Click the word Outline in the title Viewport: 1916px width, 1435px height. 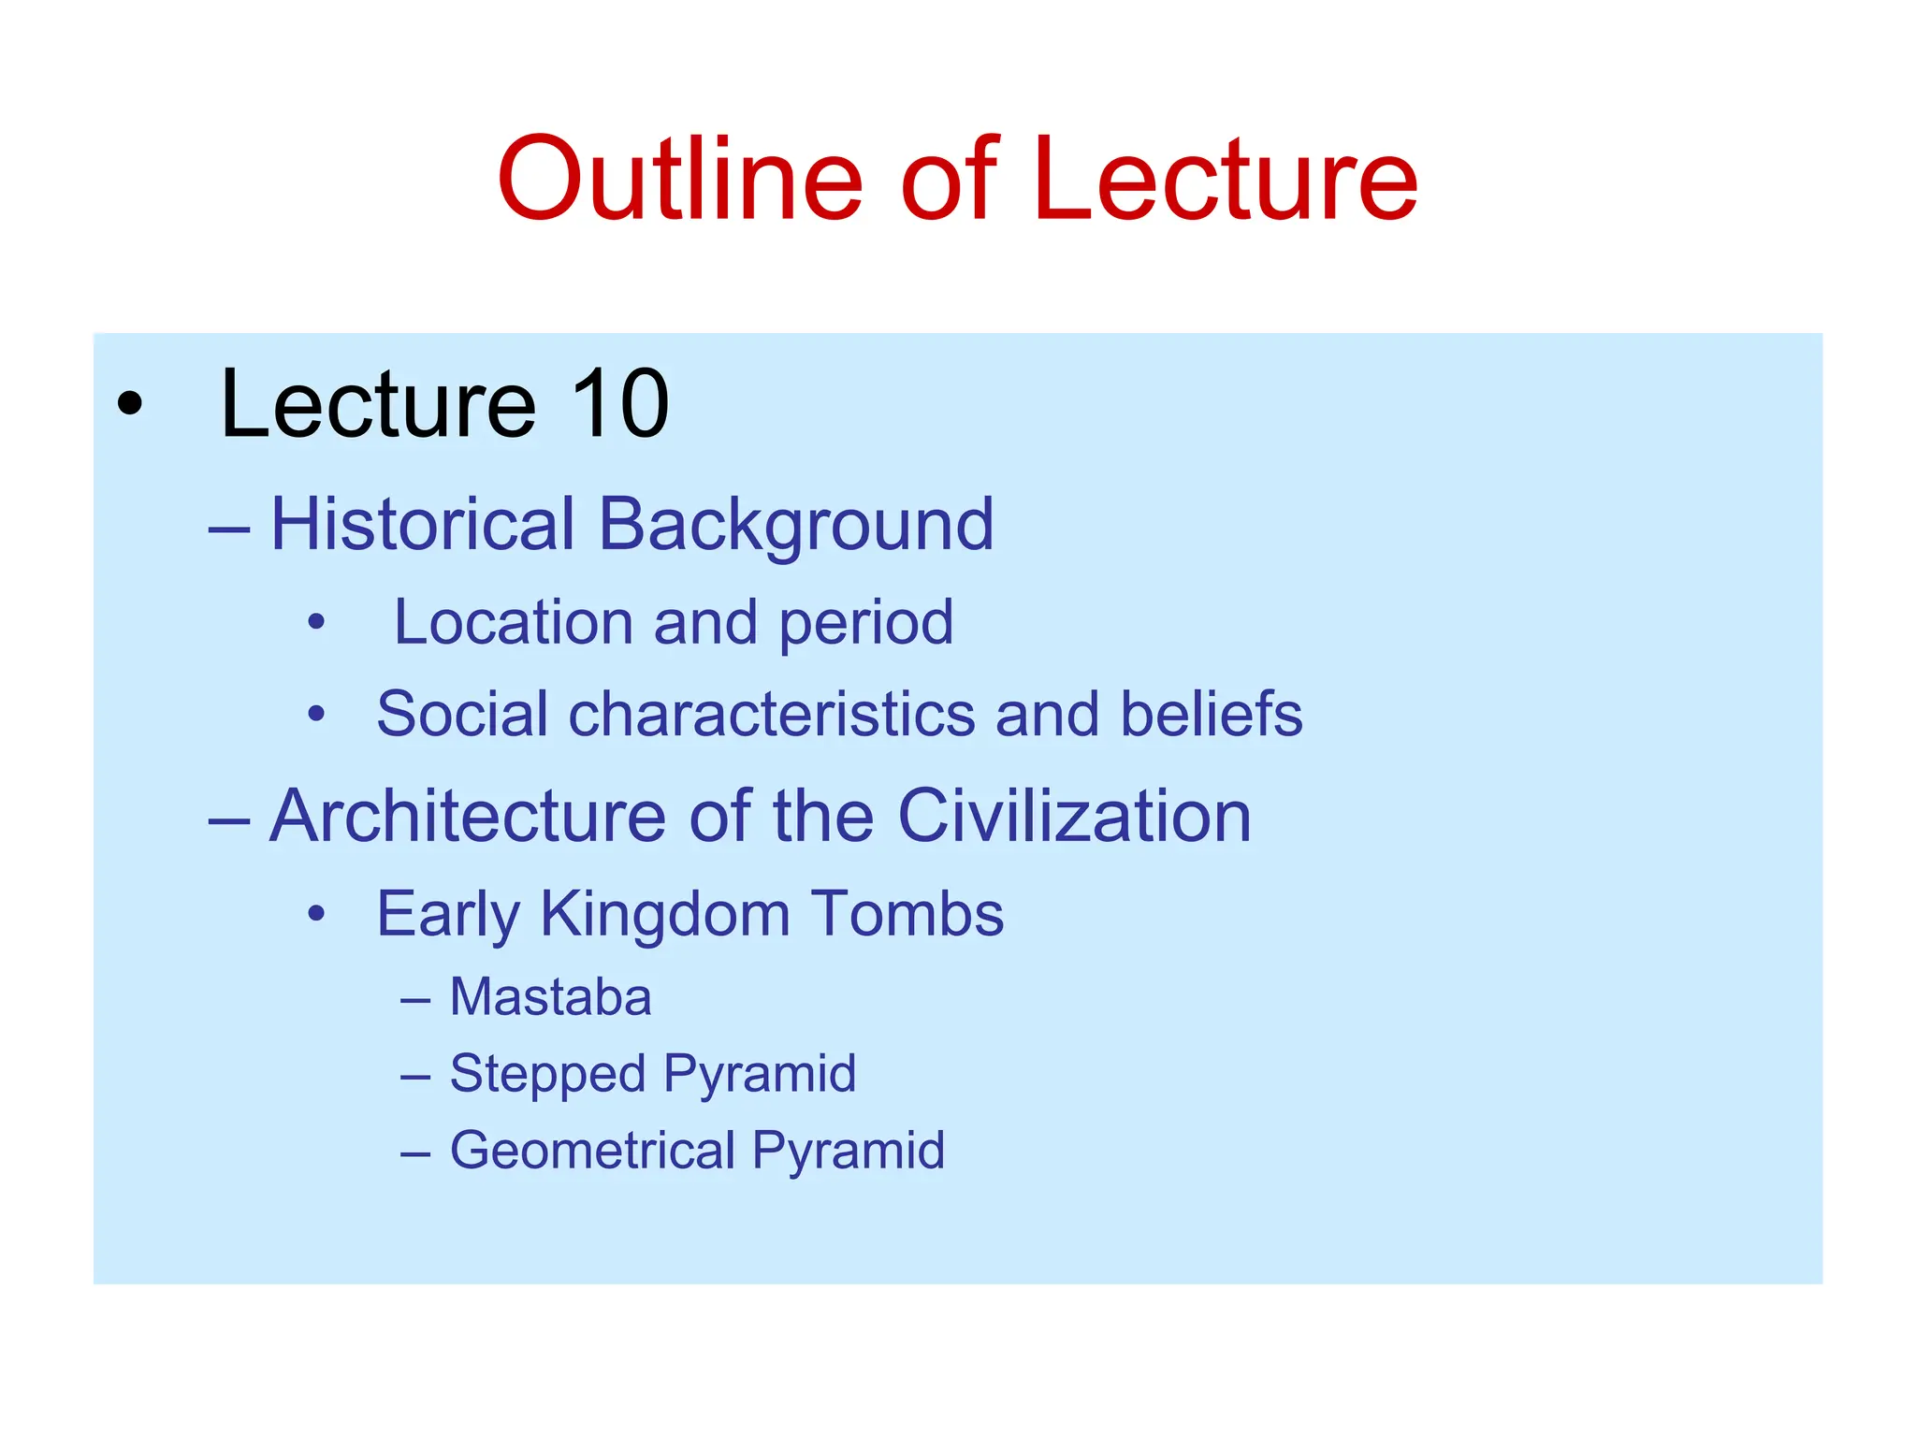679,180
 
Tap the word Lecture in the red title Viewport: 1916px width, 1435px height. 1226,180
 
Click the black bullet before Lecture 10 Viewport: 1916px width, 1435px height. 130,404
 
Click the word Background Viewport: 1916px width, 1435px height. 795,526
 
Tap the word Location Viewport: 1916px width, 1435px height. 514,622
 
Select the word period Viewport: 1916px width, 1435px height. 865,624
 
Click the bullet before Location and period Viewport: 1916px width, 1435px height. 316,622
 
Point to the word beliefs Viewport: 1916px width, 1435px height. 1212,714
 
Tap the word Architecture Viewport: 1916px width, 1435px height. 468,816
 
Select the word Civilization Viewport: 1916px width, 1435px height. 1074,816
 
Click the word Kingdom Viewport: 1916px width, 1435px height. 665,914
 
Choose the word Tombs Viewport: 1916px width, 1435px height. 907,914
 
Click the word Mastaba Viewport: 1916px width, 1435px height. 550,997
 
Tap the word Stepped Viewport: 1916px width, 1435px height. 547,1074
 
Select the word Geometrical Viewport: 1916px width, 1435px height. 592,1150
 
